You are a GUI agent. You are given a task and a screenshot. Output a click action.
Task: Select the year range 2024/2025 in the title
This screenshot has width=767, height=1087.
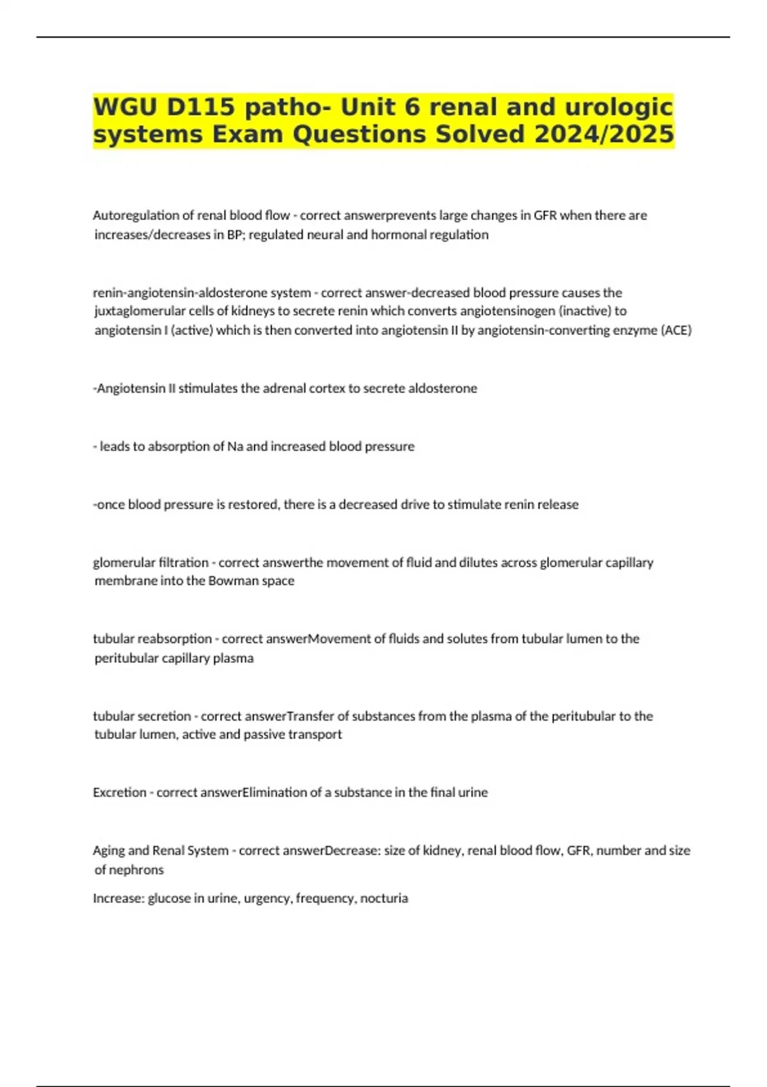[x=604, y=134]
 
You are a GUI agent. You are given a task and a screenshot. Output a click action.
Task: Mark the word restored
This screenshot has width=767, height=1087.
[x=254, y=504]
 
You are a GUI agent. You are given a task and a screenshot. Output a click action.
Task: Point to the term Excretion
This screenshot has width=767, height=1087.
[x=120, y=792]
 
